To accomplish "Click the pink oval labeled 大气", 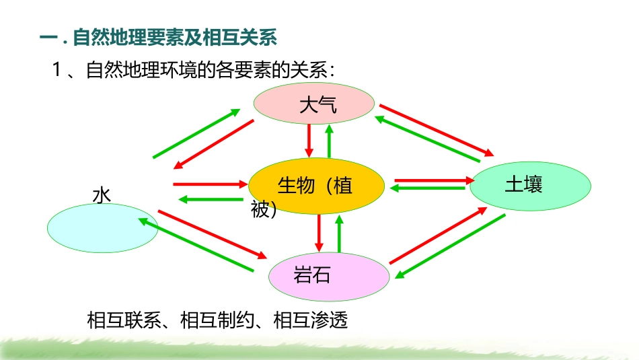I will [313, 103].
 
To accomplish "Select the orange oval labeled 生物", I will [316, 186].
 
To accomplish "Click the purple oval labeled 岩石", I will [330, 276].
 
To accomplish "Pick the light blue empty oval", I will [102, 229].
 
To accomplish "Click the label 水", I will [102, 196].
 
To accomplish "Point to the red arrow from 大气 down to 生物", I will [309, 139].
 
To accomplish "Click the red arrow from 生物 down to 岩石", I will [319, 231].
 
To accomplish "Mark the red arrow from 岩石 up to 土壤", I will [437, 236].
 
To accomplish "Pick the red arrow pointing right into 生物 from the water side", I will [209, 184].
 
